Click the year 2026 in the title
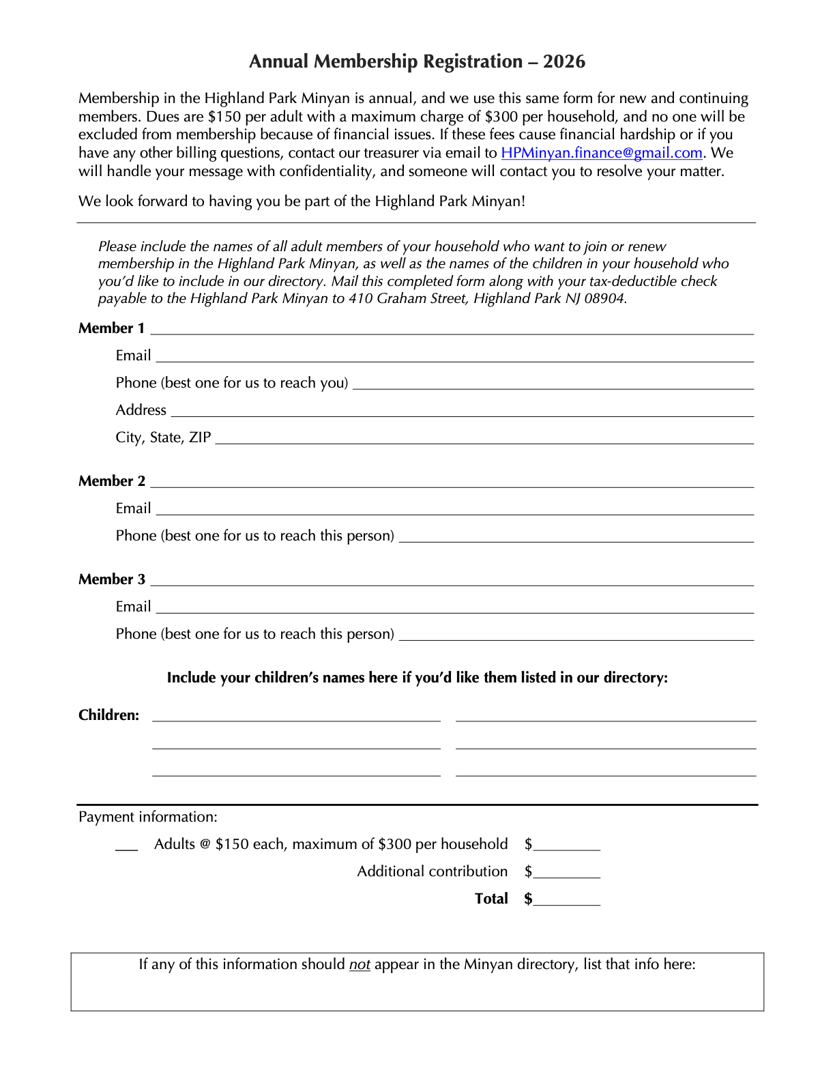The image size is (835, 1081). click(564, 61)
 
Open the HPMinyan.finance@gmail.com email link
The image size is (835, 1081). click(601, 153)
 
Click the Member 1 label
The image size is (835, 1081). click(111, 328)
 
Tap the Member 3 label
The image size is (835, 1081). click(111, 579)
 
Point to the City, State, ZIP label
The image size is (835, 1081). click(163, 437)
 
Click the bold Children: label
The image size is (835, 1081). click(108, 715)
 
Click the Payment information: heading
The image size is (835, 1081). click(147, 817)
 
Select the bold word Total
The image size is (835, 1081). click(491, 899)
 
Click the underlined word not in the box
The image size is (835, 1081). click(360, 964)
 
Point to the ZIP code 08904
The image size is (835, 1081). click(604, 298)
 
